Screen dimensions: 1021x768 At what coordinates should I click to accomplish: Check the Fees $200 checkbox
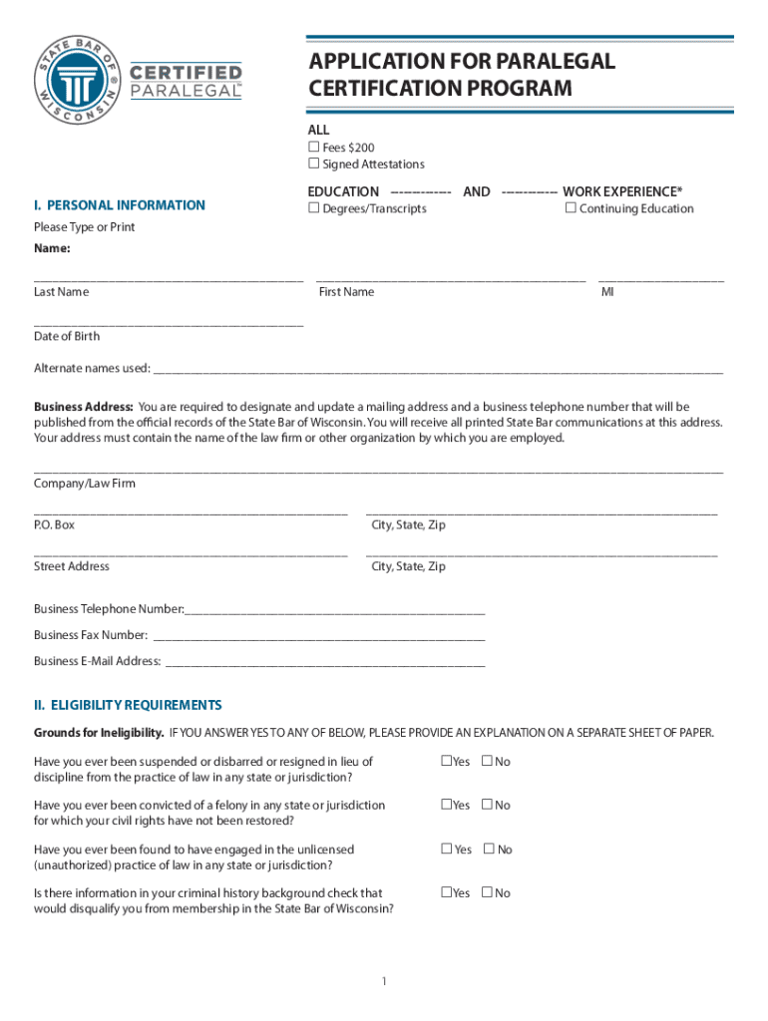pos(313,148)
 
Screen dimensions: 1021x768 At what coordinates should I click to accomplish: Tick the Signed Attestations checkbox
pos(313,164)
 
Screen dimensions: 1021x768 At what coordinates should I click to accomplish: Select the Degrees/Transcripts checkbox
pos(313,208)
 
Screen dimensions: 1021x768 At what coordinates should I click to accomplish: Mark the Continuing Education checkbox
pos(571,208)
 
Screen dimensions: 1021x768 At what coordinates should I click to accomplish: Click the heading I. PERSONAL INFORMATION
pos(120,205)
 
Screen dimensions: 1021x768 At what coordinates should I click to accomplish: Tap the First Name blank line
pos(451,279)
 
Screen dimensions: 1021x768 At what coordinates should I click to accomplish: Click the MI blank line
pos(660,279)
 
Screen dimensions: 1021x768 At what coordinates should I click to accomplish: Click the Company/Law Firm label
pos(85,484)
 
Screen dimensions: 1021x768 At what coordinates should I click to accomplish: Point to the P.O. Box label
pos(54,524)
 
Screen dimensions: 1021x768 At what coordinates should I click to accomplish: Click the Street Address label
pos(72,566)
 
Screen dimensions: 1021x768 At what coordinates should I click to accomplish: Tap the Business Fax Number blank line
pos(319,636)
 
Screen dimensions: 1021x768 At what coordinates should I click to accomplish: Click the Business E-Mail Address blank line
pos(324,662)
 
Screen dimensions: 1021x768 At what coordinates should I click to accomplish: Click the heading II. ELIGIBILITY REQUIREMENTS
pos(128,705)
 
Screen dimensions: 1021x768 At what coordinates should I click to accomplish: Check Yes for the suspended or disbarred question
pos(446,762)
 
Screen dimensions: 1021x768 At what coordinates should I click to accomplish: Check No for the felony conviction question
pos(487,805)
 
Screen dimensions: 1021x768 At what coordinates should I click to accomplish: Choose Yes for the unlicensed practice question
pos(447,850)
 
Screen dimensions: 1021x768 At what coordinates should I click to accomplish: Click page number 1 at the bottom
pos(383,982)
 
